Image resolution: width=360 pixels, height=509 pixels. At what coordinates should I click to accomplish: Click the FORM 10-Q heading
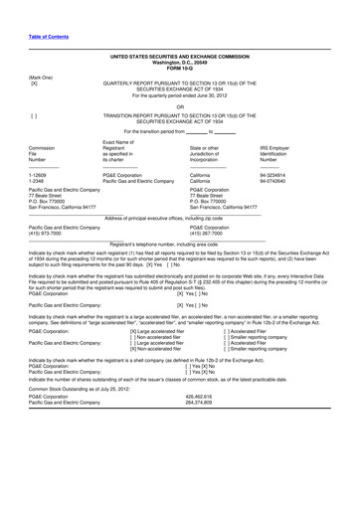click(x=180, y=69)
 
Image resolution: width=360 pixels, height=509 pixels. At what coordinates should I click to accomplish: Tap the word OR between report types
click(x=180, y=107)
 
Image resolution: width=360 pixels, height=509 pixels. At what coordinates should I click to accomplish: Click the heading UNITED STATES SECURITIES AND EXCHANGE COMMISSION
click(x=180, y=58)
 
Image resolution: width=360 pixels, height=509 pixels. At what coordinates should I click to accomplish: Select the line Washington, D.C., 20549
click(x=180, y=63)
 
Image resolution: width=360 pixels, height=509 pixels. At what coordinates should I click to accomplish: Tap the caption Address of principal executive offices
click(x=180, y=217)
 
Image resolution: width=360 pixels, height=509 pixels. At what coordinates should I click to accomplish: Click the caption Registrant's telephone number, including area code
click(x=180, y=244)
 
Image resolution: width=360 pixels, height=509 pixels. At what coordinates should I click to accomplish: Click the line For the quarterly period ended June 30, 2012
click(x=180, y=96)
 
